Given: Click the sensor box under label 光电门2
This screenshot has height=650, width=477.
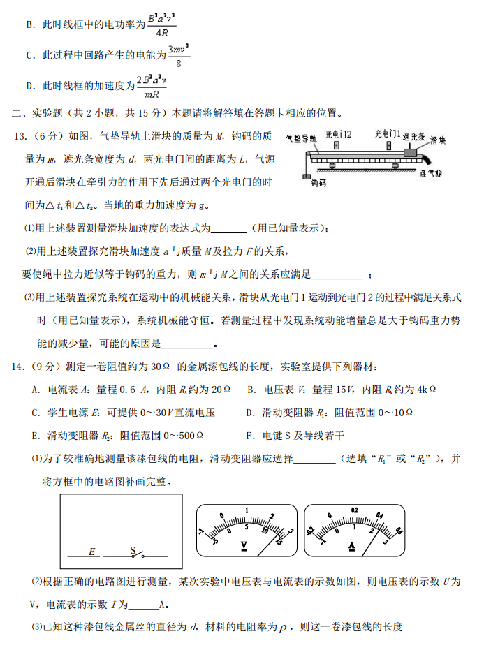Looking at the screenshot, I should click(x=337, y=146).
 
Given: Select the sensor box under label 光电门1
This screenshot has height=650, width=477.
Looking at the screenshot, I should click(x=388, y=146).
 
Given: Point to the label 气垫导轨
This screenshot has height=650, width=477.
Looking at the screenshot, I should click(x=302, y=138).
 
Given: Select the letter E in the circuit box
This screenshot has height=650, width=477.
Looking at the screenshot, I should click(x=91, y=552).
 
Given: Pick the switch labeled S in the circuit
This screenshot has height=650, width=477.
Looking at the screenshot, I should click(x=137, y=552).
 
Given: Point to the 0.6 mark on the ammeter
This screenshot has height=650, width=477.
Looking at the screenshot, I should click(x=399, y=529).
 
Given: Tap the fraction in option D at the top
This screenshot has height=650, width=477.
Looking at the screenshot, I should click(x=153, y=87).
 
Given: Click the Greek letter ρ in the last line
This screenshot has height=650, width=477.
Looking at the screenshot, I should click(x=283, y=627).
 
